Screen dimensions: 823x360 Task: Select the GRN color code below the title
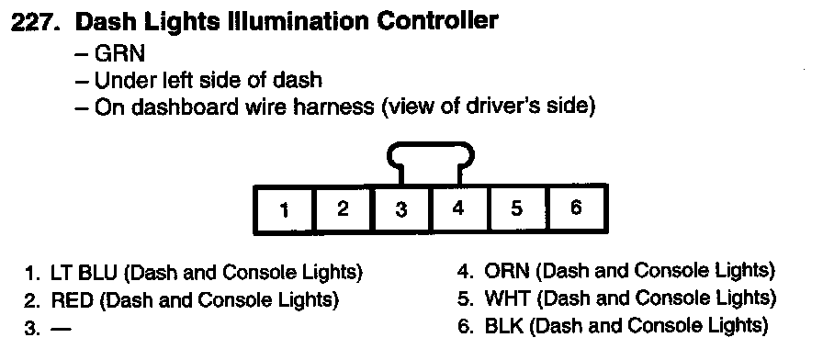pyautogui.click(x=119, y=53)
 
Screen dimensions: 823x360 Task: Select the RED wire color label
pyautogui.click(x=72, y=300)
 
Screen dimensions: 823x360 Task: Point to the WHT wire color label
pyautogui.click(x=508, y=298)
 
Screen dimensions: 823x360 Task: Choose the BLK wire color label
pyautogui.click(x=504, y=326)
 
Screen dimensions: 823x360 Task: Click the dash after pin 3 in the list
pyautogui.click(x=60, y=329)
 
